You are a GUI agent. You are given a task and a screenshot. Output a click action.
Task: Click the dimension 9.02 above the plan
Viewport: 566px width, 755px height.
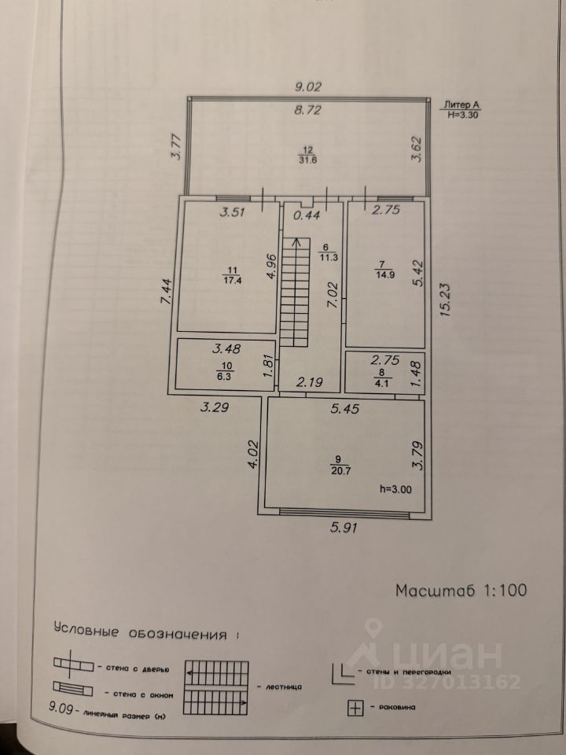[x=308, y=87]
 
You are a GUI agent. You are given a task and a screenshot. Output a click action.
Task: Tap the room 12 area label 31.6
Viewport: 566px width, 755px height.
[x=308, y=160]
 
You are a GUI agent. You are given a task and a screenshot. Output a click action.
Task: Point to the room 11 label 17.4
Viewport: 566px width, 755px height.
[x=232, y=280]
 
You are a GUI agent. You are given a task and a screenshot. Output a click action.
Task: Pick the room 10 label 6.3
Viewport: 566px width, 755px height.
[x=224, y=377]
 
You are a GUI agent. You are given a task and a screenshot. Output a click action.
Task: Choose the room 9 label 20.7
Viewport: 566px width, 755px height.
[x=340, y=471]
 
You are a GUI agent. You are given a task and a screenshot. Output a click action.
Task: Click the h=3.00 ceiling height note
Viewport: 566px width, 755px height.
[x=395, y=489]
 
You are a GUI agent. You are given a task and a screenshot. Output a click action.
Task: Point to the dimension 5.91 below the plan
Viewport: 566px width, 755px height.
[x=344, y=528]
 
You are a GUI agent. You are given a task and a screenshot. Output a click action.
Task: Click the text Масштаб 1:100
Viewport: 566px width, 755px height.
[x=461, y=590]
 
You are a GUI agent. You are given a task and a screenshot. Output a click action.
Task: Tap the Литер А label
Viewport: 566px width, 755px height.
[x=462, y=105]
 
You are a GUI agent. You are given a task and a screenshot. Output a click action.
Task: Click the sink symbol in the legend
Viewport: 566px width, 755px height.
[x=355, y=709]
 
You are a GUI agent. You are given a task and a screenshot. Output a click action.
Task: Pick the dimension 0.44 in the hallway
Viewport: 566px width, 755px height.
[x=307, y=215]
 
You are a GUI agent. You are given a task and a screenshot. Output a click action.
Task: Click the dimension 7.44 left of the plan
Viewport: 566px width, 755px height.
[x=166, y=291]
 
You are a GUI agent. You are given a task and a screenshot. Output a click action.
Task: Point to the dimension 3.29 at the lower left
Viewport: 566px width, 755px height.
[x=215, y=407]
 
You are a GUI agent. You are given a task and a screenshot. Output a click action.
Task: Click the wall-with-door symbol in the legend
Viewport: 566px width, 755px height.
[x=73, y=665]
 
